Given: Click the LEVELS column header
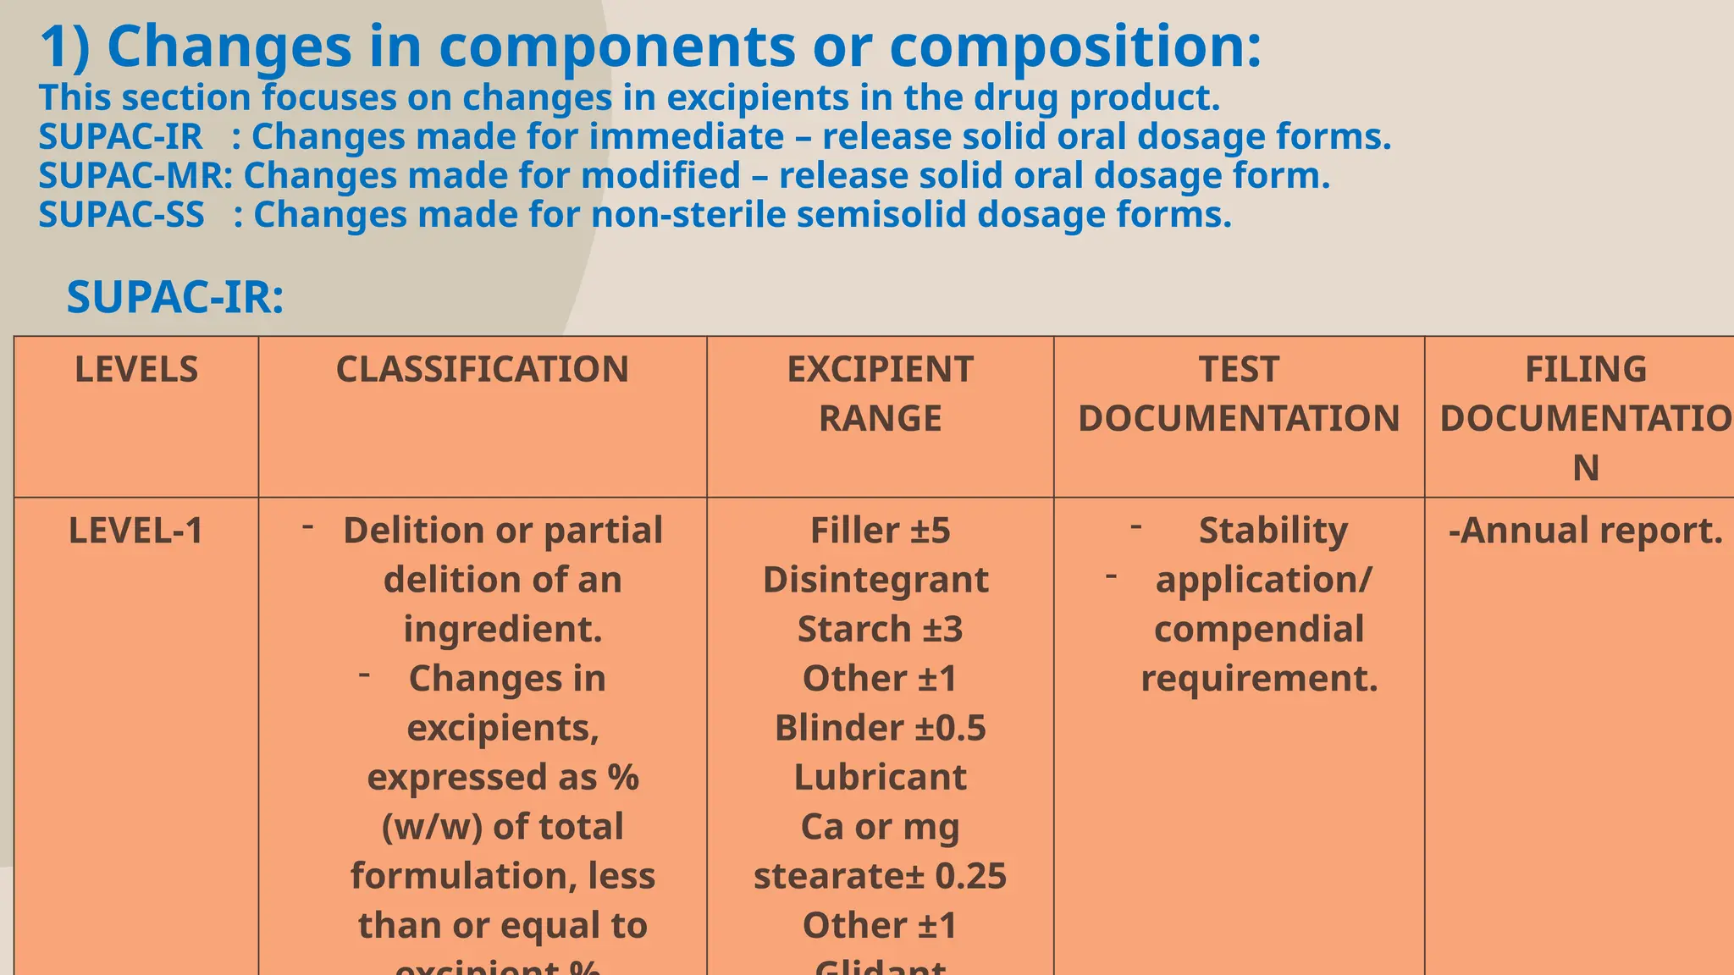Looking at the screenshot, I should (136, 370).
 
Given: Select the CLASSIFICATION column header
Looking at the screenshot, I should (482, 370).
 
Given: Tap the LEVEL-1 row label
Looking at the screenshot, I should (135, 531).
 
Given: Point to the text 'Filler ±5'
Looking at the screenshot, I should (880, 531).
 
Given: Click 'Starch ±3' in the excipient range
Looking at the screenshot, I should (880, 629).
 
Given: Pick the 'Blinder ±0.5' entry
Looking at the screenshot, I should (880, 728).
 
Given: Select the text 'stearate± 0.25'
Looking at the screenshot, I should (880, 876).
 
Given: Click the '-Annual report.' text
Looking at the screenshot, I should (1585, 531).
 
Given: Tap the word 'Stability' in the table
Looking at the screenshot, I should (1273, 531).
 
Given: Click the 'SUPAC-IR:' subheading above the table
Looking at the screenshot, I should (175, 298).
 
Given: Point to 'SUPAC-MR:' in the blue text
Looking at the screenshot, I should (135, 176).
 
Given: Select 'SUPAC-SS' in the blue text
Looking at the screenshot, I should (121, 215).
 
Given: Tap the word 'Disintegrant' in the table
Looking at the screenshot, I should (875, 580).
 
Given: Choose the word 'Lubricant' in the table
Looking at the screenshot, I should (880, 777).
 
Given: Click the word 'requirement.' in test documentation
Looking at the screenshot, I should (1259, 679).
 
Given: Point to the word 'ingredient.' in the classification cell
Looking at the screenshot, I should (502, 629).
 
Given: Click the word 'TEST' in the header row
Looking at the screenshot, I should (1238, 370).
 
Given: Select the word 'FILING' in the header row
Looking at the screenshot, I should (1585, 370).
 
